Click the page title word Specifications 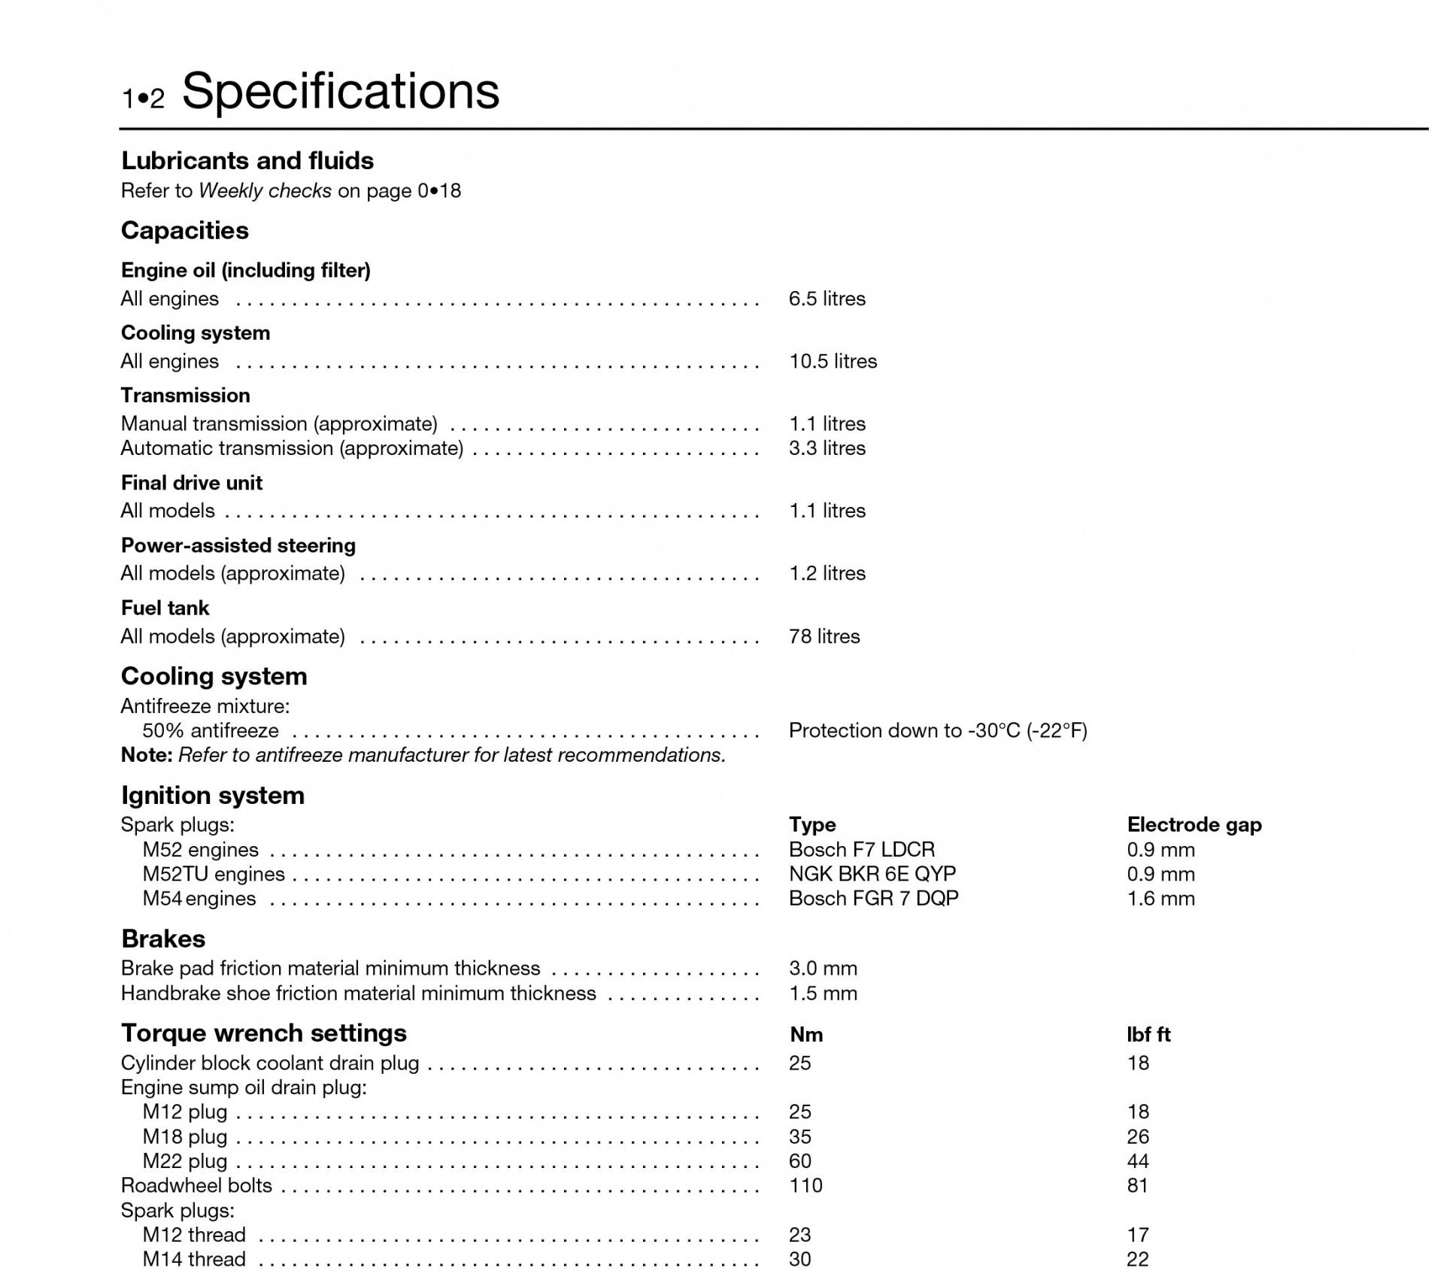341,91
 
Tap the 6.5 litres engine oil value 827,299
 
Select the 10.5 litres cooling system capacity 833,361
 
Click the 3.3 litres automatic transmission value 827,448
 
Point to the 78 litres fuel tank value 824,636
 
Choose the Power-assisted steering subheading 238,545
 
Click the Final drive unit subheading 192,483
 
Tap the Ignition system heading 213,795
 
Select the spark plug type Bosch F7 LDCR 861,850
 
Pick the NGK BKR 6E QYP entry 872,874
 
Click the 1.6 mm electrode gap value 1160,898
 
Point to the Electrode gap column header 1194,825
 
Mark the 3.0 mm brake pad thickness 823,969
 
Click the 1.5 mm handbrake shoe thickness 823,993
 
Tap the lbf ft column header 1148,1035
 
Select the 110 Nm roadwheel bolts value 805,1186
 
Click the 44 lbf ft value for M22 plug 1137,1161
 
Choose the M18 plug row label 185,1137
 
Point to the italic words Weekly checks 265,191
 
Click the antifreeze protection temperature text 937,731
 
